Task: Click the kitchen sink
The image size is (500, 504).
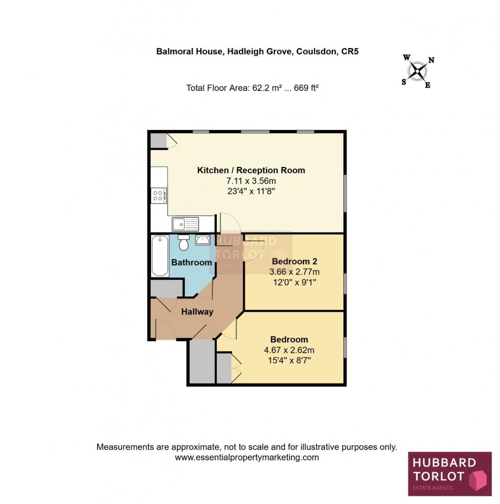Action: click(185, 223)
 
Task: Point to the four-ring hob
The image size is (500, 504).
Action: click(159, 195)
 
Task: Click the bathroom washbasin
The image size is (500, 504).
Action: click(203, 239)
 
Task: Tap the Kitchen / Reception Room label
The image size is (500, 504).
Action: click(251, 170)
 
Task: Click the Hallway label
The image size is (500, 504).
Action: click(197, 311)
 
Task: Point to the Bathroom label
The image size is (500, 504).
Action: click(191, 263)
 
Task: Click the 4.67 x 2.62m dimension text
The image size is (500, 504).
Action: click(289, 350)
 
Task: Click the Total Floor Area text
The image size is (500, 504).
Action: click(253, 88)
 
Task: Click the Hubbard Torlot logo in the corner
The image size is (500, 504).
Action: click(449, 473)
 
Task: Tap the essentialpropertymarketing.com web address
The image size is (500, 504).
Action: click(247, 457)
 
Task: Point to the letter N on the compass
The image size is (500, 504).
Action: click(431, 60)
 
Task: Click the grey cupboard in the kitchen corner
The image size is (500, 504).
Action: click(158, 140)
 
